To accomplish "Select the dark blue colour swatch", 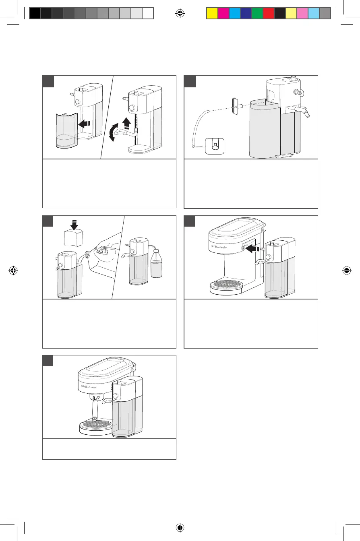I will (246, 14).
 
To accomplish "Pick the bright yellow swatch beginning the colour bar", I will (212, 14).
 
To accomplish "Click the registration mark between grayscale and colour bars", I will (180, 13).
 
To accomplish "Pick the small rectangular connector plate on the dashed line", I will (234, 106).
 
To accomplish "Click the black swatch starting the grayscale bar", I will (35, 14).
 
